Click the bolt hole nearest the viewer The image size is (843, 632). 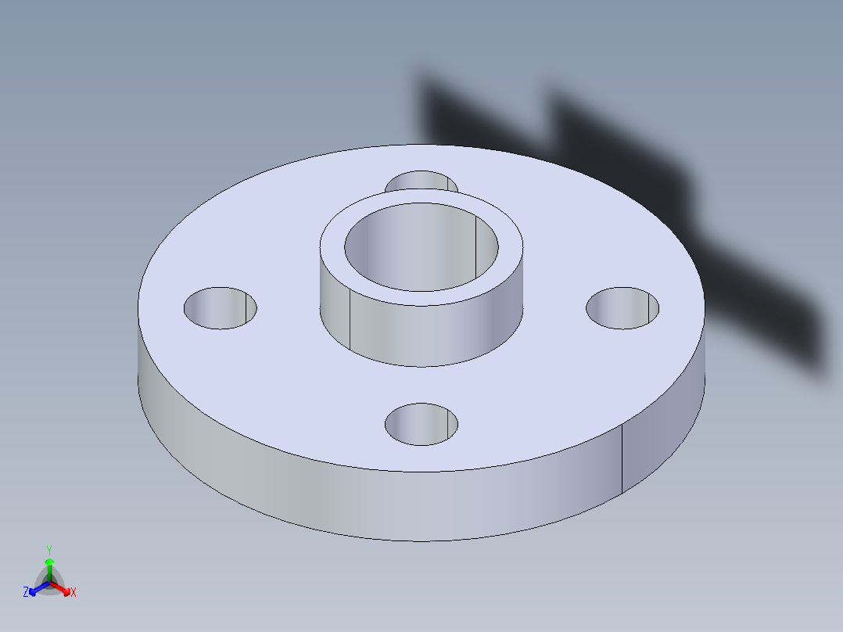pyautogui.click(x=421, y=425)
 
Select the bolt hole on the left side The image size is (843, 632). pyautogui.click(x=221, y=307)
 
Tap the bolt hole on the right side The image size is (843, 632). pyautogui.click(x=622, y=308)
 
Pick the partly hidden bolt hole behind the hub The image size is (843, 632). pyautogui.click(x=421, y=181)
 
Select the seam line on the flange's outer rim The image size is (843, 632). pyautogui.click(x=622, y=461)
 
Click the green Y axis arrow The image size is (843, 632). pyautogui.click(x=48, y=565)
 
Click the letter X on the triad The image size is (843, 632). pyautogui.click(x=74, y=593)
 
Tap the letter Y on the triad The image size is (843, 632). pyautogui.click(x=48, y=550)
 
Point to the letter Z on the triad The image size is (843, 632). pyautogui.click(x=26, y=593)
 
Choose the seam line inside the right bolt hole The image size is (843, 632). pyautogui.click(x=649, y=308)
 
